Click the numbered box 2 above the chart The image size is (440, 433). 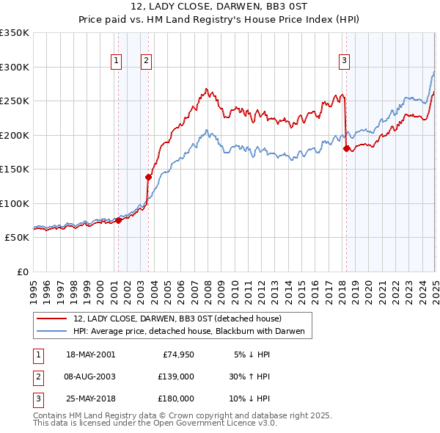(x=147, y=61)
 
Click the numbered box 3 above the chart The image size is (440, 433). (x=344, y=61)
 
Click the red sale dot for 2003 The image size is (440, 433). (x=148, y=177)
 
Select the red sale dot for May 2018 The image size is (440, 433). (x=346, y=149)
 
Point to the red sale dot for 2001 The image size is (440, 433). (x=118, y=220)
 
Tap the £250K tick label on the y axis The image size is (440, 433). (x=14, y=101)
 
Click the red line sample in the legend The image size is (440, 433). (x=51, y=319)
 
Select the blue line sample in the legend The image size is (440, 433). (x=51, y=332)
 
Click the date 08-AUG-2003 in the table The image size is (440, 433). (x=90, y=376)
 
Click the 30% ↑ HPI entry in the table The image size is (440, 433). (x=249, y=376)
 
